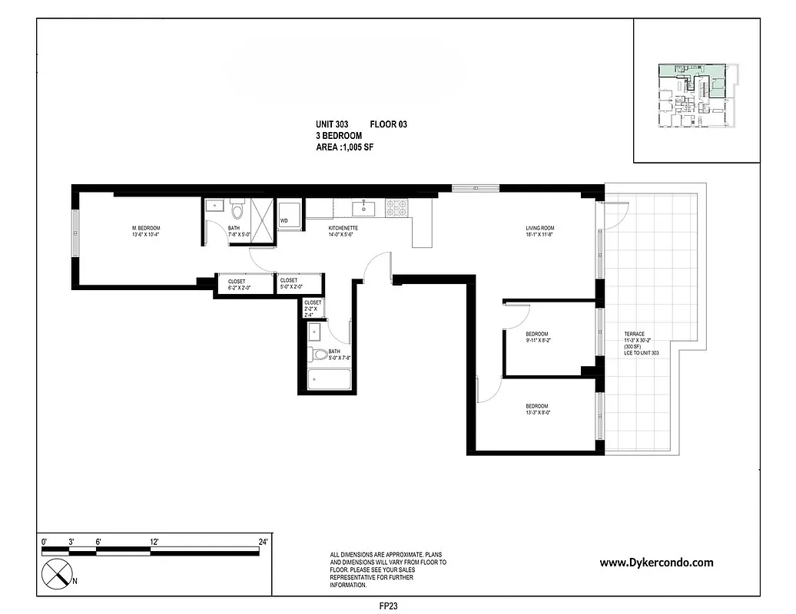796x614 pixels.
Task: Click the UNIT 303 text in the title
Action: pyautogui.click(x=332, y=125)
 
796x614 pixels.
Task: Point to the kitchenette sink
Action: pyautogui.click(x=362, y=207)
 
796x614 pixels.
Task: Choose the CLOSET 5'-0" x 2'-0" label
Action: pyautogui.click(x=290, y=284)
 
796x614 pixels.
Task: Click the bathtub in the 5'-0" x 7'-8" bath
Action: pyautogui.click(x=329, y=379)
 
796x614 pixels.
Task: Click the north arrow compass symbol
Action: pyautogui.click(x=57, y=573)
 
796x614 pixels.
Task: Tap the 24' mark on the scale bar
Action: pyautogui.click(x=263, y=542)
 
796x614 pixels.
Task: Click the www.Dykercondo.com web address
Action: pyautogui.click(x=655, y=563)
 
